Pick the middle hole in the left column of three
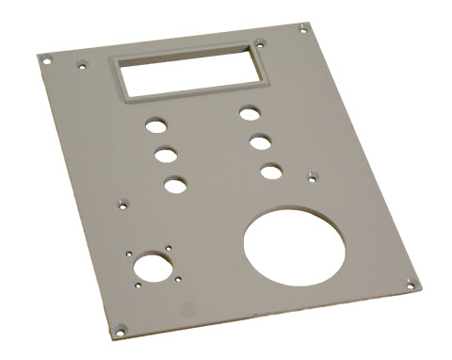point(165,153)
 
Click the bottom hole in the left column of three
point(175,184)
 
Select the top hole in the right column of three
point(249,113)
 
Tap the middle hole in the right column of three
point(261,142)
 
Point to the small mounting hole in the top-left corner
point(44,58)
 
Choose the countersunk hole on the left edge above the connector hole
point(121,201)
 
